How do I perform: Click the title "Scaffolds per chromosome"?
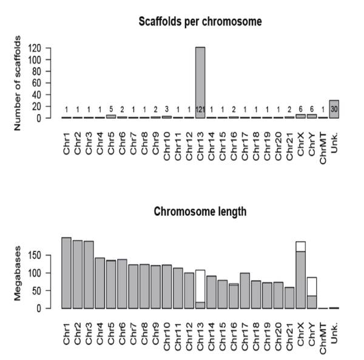[201, 22]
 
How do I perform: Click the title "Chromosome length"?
[201, 212]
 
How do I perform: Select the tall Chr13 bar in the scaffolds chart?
[200, 79]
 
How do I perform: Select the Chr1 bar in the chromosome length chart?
[66, 273]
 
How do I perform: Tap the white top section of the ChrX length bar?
[300, 246]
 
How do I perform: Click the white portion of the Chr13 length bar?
[200, 285]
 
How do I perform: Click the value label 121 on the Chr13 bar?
[200, 110]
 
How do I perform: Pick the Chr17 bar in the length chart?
[244, 290]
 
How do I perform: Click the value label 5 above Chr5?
[110, 110]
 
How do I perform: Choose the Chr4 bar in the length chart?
[99, 282]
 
